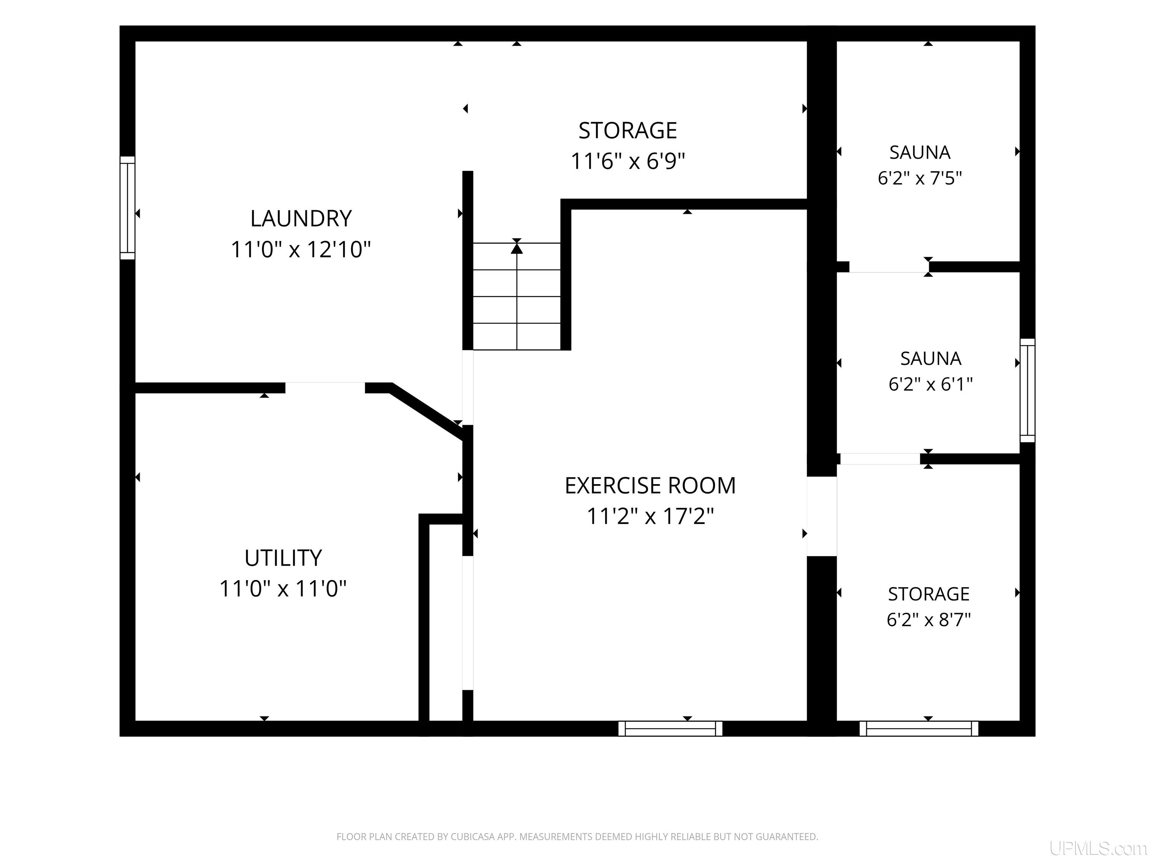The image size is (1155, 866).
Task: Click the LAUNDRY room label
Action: coord(301,218)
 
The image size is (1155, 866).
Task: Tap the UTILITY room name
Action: coord(283,558)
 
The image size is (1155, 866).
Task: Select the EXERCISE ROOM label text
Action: coord(650,486)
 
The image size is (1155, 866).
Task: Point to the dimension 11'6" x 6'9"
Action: coord(628,161)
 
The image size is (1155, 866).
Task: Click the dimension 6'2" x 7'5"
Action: coord(920,178)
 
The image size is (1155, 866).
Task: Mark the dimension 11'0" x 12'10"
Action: coord(301,250)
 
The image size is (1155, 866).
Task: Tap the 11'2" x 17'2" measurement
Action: coord(650,516)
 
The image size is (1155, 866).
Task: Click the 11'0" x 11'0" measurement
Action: coord(283,589)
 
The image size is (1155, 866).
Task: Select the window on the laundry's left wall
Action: coord(127,208)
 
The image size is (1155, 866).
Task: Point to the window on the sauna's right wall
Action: coord(1028,391)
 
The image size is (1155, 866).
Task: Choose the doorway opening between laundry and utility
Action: coord(325,388)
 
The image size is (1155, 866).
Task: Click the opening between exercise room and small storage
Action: coord(822,516)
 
